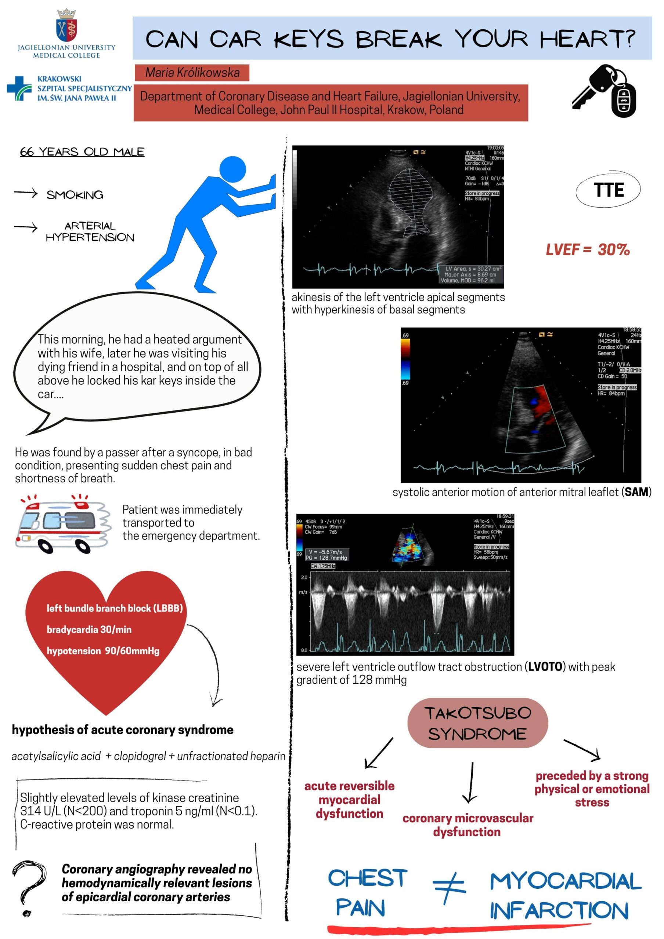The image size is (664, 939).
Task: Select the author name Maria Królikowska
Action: click(192, 73)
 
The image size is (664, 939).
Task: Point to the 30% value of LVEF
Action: click(613, 249)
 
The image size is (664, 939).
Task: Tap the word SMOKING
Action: click(75, 195)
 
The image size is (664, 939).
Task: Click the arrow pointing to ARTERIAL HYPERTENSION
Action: click(25, 227)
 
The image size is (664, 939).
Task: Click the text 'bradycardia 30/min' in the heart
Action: click(89, 629)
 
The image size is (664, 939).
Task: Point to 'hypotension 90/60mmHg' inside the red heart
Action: click(103, 651)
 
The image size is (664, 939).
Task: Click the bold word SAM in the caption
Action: click(636, 492)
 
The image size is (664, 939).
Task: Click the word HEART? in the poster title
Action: click(588, 39)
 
